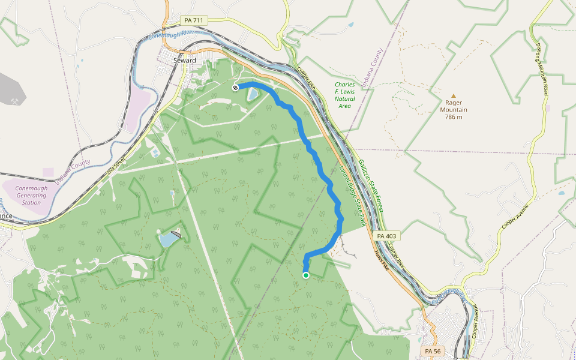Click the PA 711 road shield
[193, 21]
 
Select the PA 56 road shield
[432, 350]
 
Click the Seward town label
[184, 61]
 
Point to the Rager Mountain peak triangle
[454, 95]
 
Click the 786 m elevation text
[454, 117]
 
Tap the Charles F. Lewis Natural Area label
[344, 95]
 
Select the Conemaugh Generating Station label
[31, 195]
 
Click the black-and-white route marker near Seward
[235, 88]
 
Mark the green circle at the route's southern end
[306, 275]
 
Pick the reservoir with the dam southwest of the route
[168, 240]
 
